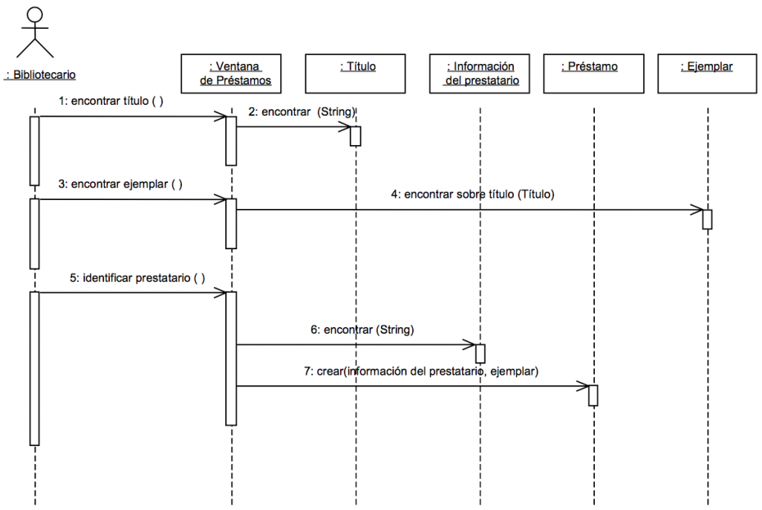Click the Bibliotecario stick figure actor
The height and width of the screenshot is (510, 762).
point(34,33)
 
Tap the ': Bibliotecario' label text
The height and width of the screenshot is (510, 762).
point(40,75)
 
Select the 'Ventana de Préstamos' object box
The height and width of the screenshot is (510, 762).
point(235,74)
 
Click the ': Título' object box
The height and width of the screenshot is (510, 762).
point(357,74)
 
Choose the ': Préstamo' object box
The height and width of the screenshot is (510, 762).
point(592,74)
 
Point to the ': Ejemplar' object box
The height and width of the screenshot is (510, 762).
point(706,74)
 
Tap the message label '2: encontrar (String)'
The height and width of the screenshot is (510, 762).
point(302,112)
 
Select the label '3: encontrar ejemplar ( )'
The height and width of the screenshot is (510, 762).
point(120,184)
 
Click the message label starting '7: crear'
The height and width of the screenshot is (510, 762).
point(420,371)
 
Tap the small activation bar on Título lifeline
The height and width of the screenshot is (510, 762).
point(356,136)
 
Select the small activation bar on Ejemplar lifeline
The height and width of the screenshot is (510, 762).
point(707,219)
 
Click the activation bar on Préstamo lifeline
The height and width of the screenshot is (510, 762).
point(593,394)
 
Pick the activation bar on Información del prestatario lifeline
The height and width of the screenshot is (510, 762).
point(480,353)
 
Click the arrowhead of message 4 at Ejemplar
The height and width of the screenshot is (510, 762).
point(696,209)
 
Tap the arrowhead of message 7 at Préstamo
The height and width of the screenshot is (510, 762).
point(583,385)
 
